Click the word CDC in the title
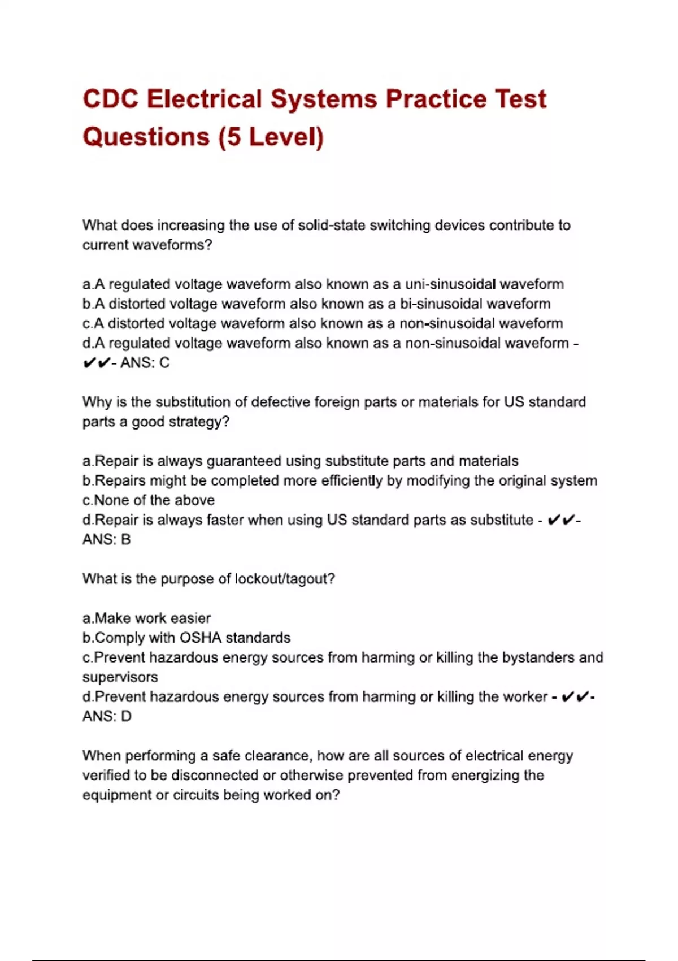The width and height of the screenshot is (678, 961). coord(111,99)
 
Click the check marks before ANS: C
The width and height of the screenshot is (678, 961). coord(96,363)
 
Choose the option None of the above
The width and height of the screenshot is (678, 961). coord(154,500)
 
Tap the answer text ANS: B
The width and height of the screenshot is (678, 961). coord(106,540)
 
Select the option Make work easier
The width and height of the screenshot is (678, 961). coord(153,618)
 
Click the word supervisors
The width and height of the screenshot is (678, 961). coord(120,677)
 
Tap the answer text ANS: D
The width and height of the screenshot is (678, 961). coord(107,717)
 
